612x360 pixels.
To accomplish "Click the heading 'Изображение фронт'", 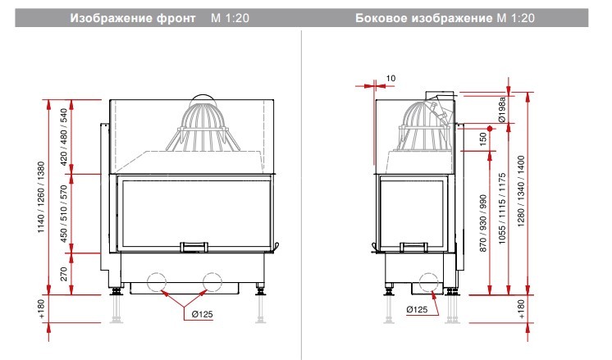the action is click(133, 18).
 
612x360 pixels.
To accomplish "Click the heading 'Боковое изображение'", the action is click(424, 18).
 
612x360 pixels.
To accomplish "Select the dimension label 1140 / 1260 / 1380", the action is click(41, 198).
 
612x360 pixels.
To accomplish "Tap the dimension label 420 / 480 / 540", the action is click(64, 136).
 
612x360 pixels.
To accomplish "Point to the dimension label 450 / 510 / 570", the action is click(64, 213).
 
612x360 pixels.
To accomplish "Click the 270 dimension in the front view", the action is click(64, 274).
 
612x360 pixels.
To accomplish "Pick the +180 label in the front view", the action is click(42, 309).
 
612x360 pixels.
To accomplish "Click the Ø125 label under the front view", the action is click(202, 314).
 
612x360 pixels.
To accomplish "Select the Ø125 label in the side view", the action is click(417, 309).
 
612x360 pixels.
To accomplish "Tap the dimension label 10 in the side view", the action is click(390, 79).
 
